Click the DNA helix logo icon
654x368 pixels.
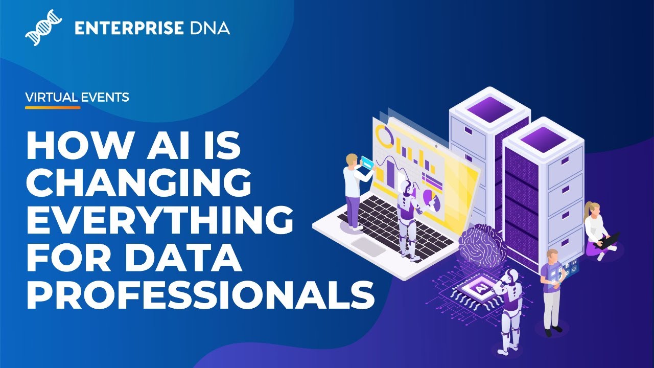click(x=43, y=28)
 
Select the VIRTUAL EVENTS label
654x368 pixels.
click(x=77, y=97)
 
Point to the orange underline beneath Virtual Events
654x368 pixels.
click(x=53, y=108)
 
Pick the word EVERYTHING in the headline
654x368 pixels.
click(x=160, y=220)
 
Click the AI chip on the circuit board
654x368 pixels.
click(x=476, y=290)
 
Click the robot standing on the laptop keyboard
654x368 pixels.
click(x=408, y=220)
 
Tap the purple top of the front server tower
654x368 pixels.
click(x=544, y=136)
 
